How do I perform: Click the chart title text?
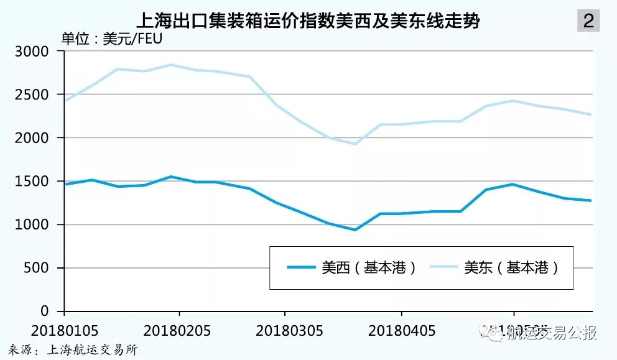tap(308, 21)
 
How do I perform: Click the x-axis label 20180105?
tap(65, 329)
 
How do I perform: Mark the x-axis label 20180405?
tap(401, 329)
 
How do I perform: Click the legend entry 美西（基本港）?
tap(351, 268)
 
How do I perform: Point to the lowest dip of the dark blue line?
tap(355, 229)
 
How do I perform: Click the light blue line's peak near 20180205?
tap(170, 65)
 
